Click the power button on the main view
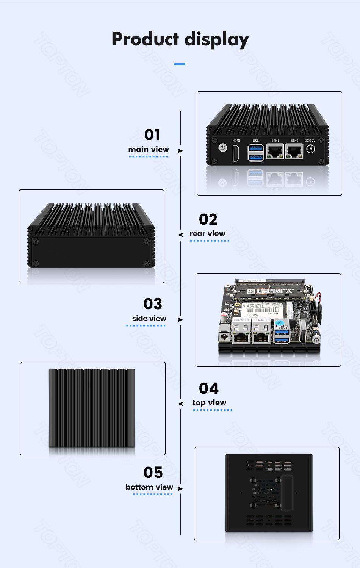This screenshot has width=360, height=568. [223, 148]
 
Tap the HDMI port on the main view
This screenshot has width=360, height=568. [236, 152]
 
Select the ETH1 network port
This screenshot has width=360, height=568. [275, 152]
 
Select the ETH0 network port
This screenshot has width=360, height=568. [294, 152]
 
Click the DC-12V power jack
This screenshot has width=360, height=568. [310, 149]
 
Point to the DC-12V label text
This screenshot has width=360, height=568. [310, 141]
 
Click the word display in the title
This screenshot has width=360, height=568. [217, 40]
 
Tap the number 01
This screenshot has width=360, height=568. [152, 135]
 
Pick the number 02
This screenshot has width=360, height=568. [208, 219]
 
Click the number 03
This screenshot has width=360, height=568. [153, 304]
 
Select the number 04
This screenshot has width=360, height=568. [209, 388]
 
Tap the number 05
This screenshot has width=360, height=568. [153, 473]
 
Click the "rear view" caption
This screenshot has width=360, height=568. [207, 233]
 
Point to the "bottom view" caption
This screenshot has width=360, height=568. [149, 487]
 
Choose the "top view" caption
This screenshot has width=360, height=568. [209, 402]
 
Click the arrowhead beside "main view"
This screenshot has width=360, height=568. [180, 151]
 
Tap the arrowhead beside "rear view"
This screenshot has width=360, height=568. [180, 235]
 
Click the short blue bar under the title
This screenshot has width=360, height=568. [179, 64]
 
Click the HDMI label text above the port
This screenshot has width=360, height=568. [236, 141]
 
